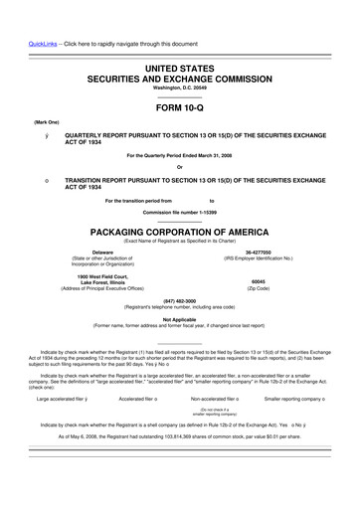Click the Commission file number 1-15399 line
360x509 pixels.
(x=180, y=213)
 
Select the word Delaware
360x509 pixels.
(x=102, y=253)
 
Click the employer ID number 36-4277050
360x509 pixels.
(x=260, y=253)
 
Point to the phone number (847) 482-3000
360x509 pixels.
(x=180, y=300)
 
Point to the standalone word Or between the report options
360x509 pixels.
(x=180, y=165)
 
